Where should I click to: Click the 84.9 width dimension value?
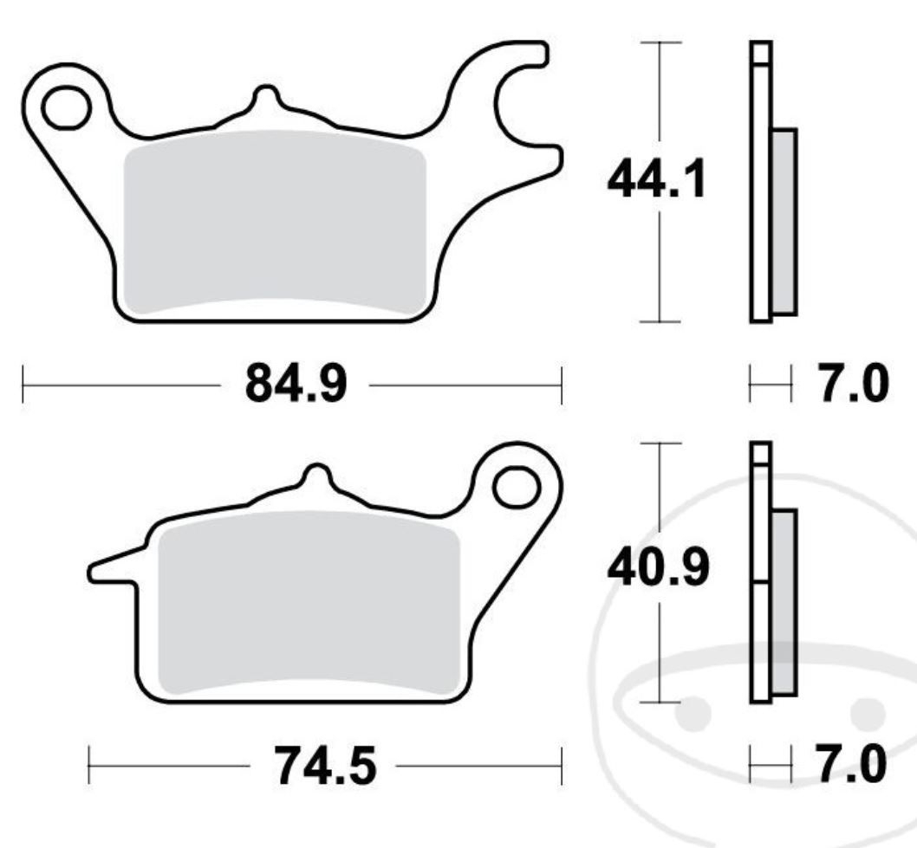point(296,384)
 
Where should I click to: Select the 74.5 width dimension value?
point(325,766)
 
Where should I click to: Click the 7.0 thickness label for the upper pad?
point(853,384)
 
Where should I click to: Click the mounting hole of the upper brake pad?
point(67,107)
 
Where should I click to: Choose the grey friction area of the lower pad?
point(309,603)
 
